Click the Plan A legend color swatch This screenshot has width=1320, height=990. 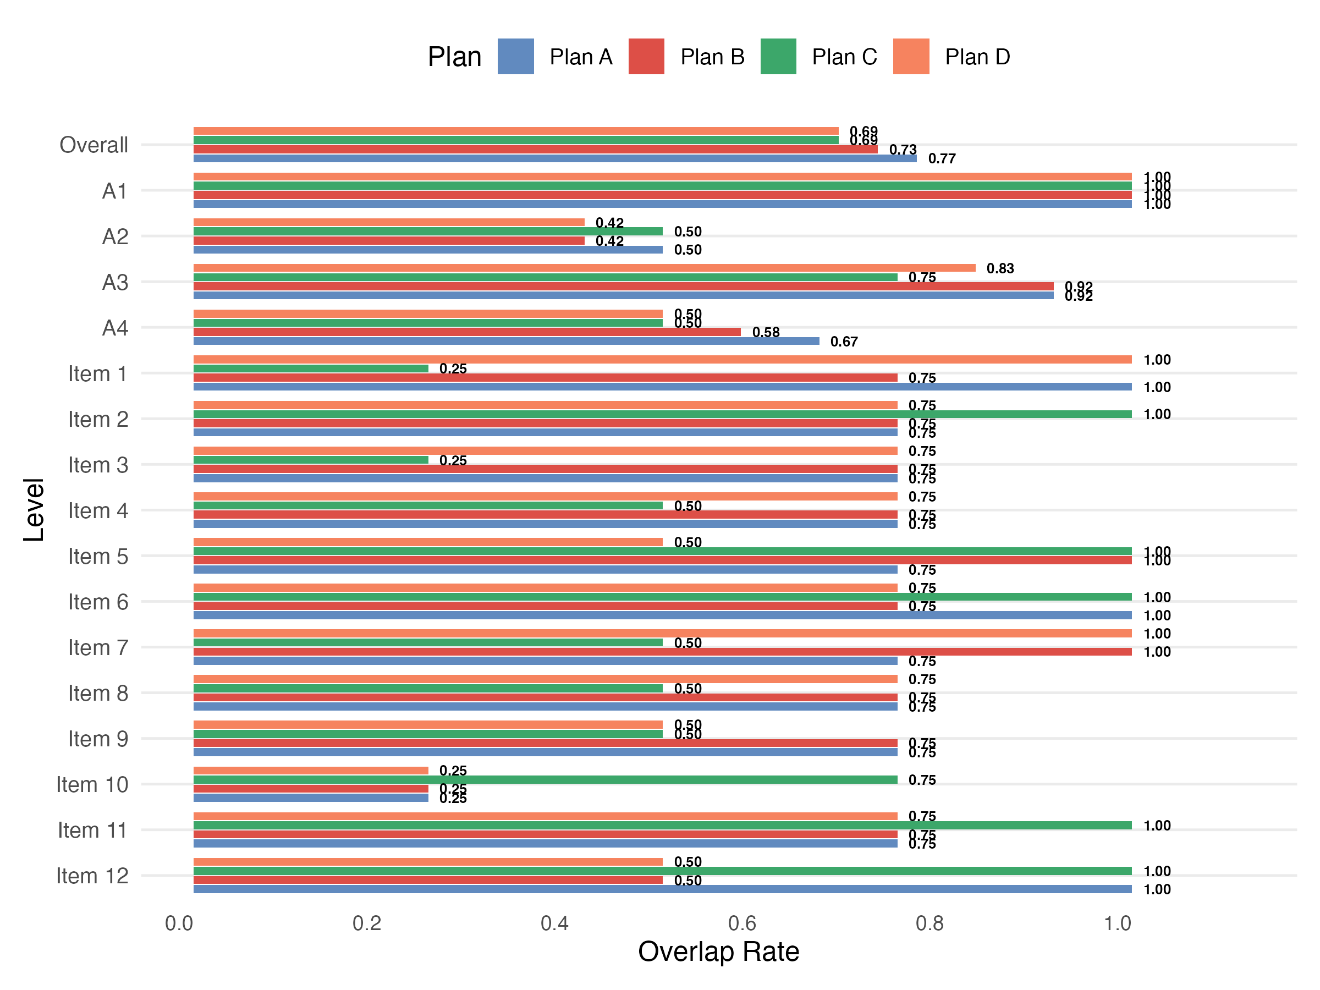pos(515,57)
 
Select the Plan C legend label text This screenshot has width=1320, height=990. pos(844,57)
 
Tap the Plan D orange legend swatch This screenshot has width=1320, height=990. pos(911,57)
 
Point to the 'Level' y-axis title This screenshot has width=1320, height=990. pos(34,510)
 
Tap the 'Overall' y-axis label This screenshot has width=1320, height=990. pos(94,145)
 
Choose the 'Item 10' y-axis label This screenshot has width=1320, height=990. pos(92,785)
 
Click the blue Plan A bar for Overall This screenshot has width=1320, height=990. pos(555,159)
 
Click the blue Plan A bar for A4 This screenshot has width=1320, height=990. pos(506,342)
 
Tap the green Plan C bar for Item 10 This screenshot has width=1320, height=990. pos(545,780)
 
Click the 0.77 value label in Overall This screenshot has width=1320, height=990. pos(942,159)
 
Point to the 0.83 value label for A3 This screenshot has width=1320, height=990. pos(1000,268)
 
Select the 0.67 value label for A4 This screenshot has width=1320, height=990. pos(844,342)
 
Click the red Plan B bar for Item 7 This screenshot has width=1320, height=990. pos(662,652)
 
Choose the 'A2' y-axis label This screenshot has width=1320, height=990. pos(114,237)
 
